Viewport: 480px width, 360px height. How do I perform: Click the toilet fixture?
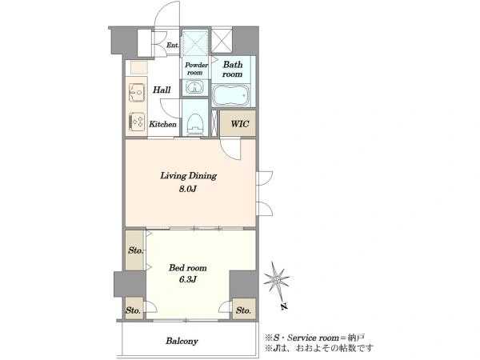194,125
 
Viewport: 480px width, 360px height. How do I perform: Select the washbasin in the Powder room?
194,87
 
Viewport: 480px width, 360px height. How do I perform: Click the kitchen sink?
137,93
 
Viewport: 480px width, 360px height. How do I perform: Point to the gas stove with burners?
137,120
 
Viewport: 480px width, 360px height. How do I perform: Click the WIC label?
240,124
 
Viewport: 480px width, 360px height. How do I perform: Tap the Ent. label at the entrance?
173,45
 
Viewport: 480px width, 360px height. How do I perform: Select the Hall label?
162,90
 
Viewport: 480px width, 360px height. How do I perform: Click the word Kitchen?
162,124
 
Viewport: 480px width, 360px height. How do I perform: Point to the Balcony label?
182,341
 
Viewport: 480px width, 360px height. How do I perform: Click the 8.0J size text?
188,189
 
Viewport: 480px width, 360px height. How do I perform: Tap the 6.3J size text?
187,279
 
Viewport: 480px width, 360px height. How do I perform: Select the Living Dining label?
189,176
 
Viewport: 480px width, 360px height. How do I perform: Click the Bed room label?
188,268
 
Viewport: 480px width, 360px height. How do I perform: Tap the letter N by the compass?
284,306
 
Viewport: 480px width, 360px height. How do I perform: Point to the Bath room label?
233,69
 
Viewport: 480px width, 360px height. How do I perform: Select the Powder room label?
196,69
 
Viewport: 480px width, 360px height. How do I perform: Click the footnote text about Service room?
315,338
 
